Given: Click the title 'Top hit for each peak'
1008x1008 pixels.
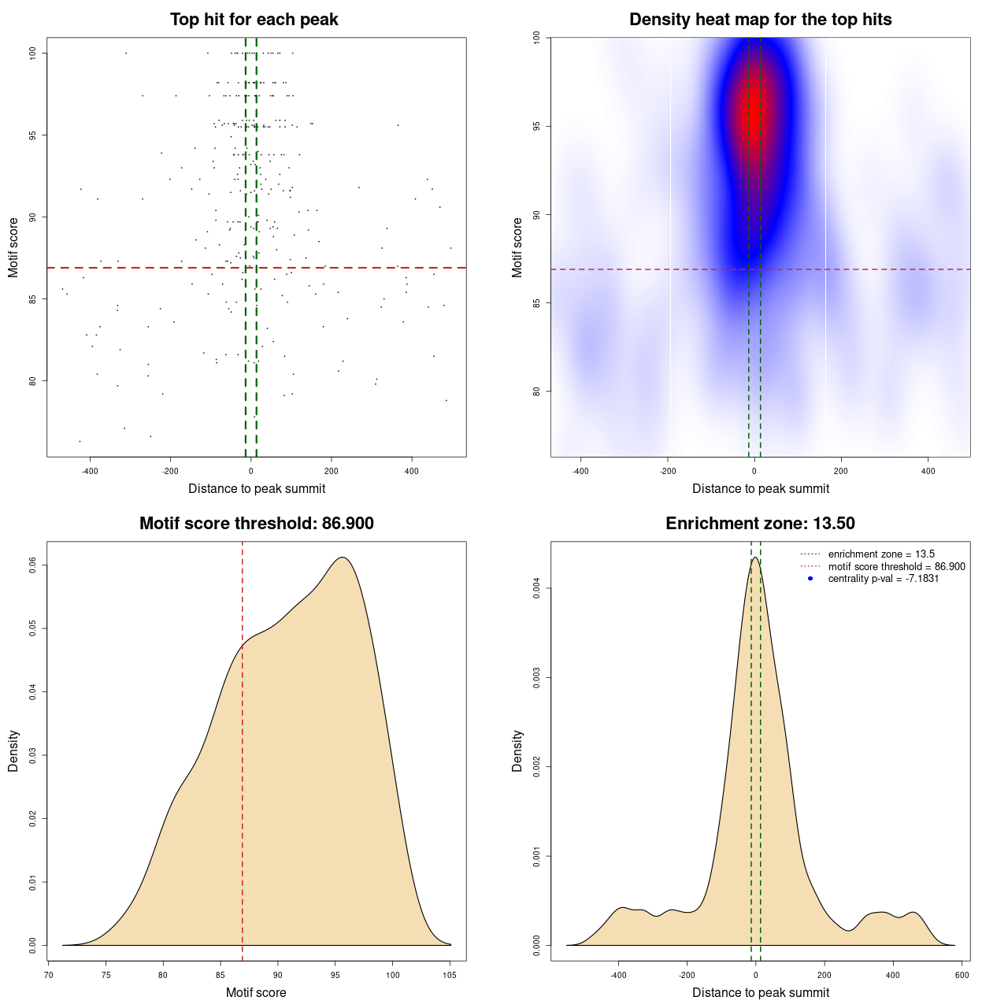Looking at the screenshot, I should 254,20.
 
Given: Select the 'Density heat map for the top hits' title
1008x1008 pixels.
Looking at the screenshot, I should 760,20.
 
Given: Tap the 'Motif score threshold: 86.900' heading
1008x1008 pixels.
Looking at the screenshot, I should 256,524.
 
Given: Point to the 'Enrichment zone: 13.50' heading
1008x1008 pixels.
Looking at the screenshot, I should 760,524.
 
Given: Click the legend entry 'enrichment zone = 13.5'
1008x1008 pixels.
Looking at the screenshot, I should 881,554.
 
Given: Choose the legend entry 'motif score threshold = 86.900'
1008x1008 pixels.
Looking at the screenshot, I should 896,567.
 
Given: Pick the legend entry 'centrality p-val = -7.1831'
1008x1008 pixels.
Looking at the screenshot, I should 884,579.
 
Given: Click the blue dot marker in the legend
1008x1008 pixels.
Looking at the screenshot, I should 810,579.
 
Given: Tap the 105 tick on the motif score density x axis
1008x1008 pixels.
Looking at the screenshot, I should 450,975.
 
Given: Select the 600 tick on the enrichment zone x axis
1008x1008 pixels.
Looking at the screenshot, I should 962,975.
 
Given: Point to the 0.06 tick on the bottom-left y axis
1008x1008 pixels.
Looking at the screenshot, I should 33,565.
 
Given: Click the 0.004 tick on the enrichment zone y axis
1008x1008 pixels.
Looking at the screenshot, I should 537,588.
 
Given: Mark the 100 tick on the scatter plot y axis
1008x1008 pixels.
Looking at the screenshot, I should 33,53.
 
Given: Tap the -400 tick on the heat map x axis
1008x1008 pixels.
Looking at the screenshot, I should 580,471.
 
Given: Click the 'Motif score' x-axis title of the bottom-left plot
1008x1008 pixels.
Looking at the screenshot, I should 256,992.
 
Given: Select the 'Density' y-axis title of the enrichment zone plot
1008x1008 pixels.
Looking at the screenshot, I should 517,750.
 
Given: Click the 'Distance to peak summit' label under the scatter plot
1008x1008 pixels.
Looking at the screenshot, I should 257,488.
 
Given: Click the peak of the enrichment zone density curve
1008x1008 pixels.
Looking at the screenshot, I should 755,558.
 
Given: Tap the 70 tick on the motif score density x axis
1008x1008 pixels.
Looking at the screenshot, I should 49,975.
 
